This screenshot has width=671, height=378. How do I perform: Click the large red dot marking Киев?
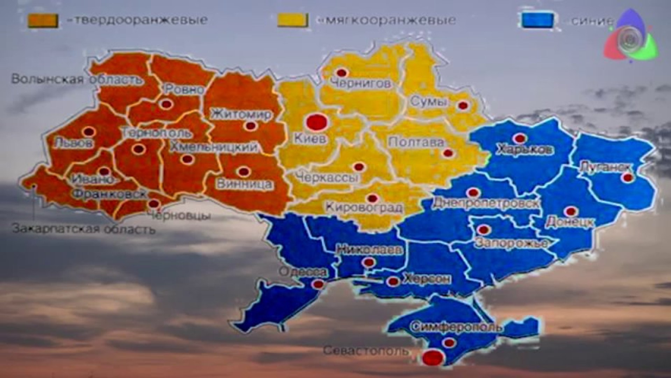pos(316,122)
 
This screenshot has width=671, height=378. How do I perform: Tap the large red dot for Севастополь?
pos(433,357)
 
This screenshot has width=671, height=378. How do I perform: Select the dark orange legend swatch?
pos(43,20)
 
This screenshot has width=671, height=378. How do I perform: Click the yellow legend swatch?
pos(292,20)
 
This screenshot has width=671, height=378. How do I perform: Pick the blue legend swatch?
pos(537,20)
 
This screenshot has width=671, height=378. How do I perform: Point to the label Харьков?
pos(525,150)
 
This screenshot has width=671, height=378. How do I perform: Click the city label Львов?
pos(73,143)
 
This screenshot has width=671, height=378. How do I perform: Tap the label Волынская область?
pos(77,79)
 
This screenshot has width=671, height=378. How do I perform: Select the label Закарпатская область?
pos(84,230)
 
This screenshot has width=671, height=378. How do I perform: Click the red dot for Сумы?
pos(463,105)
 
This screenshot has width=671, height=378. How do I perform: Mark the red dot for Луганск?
pos(628,177)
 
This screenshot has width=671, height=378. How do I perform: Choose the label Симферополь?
pos(457,327)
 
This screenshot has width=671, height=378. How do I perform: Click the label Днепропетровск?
pos(486,203)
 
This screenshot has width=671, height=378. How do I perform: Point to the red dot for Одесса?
pos(318,284)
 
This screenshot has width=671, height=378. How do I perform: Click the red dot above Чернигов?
pos(341,73)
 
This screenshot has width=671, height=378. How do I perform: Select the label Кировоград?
pos(364,207)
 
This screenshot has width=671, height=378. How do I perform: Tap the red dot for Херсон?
pos(393,281)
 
